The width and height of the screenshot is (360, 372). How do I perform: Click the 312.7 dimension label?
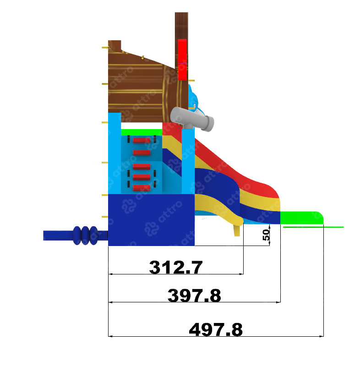click(176, 267)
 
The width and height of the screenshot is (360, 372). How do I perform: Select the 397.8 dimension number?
click(194, 295)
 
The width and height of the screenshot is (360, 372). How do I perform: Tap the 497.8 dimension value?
click(216, 329)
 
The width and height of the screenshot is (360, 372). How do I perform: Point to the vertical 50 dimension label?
click(266, 235)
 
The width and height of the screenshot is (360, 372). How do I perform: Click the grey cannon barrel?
click(192, 119)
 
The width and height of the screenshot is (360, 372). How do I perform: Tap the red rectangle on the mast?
click(182, 60)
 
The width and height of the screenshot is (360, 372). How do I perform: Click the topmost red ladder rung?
click(142, 141)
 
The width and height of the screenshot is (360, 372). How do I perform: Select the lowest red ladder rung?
click(142, 188)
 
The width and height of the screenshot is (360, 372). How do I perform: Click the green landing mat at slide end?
click(302, 218)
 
